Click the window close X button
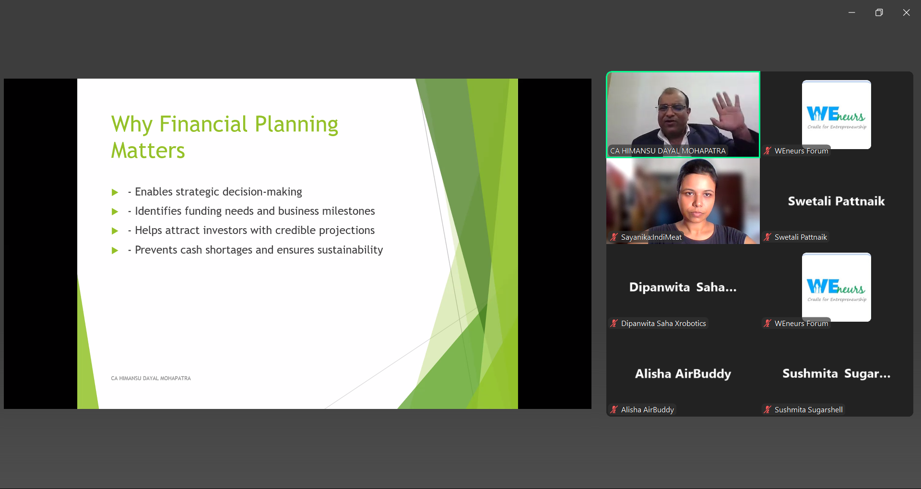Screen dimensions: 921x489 click(906, 12)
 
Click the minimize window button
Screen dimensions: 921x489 click(851, 12)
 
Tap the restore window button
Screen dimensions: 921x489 click(879, 12)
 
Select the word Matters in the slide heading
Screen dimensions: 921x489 click(148, 151)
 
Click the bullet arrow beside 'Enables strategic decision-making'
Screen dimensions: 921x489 click(115, 192)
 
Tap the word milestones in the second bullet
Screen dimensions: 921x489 click(348, 211)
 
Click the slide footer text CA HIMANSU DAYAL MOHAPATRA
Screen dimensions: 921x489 click(151, 378)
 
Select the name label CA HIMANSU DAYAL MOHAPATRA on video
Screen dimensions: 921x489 click(668, 151)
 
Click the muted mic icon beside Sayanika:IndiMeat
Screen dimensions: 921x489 click(614, 237)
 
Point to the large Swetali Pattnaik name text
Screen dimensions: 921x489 click(836, 201)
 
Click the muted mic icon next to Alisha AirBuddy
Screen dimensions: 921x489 click(614, 409)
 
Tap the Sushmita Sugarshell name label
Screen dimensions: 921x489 click(808, 409)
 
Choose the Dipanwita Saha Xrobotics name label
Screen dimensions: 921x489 click(663, 323)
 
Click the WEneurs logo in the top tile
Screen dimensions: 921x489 click(836, 115)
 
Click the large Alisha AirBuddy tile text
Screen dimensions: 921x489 click(683, 373)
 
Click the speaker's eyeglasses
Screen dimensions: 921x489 click(674, 108)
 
